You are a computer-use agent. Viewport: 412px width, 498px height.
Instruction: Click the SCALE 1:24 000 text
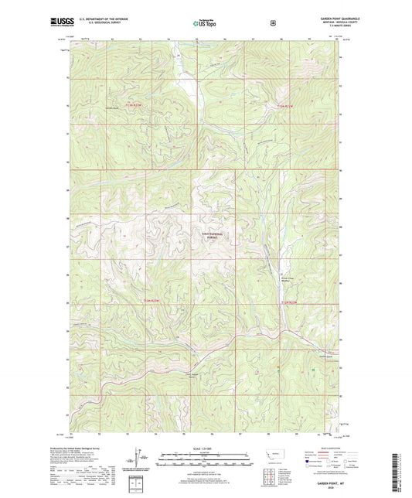coord(203,448)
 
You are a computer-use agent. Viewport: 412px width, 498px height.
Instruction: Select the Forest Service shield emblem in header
coord(273,23)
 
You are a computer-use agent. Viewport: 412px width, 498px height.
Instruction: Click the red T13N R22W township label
coord(287,105)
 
